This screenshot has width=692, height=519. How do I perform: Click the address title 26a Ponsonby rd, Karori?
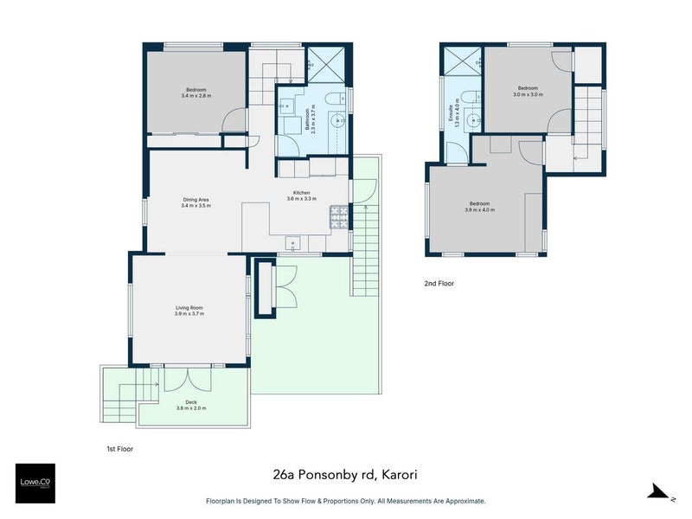point(345,474)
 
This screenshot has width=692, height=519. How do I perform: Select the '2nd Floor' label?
point(439,283)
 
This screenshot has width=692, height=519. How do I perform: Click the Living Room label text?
point(189,311)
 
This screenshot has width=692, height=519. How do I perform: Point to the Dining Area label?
point(195,202)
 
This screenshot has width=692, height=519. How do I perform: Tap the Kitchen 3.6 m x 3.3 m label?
point(301,195)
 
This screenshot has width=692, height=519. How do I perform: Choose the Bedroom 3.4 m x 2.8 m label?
point(196,93)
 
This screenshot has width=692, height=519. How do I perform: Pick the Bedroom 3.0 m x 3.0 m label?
point(529,91)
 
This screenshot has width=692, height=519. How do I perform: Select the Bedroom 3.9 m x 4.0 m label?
point(479,207)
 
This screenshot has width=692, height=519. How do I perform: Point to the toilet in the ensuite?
point(466,95)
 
